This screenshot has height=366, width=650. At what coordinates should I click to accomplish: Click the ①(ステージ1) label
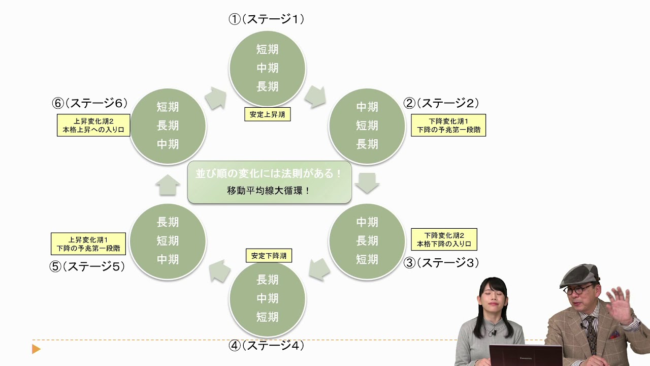(267, 19)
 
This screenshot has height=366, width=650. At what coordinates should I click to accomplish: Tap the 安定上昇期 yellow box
(268, 114)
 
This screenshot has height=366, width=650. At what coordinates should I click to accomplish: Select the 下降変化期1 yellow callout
(448, 125)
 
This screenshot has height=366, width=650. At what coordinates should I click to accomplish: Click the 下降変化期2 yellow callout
(444, 239)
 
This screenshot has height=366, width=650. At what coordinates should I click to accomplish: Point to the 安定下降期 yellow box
(269, 255)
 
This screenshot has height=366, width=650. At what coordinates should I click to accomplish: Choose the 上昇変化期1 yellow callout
(88, 243)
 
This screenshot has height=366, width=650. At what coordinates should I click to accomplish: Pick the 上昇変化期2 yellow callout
(93, 125)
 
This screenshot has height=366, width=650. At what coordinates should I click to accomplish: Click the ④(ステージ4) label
(267, 346)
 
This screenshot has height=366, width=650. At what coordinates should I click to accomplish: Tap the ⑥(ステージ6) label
(89, 103)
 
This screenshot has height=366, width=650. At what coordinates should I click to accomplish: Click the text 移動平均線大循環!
(269, 191)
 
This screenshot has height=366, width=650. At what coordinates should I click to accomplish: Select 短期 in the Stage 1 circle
(267, 49)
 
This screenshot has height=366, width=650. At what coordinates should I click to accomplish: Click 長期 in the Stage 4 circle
(267, 279)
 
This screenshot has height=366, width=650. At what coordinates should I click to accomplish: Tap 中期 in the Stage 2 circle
(367, 107)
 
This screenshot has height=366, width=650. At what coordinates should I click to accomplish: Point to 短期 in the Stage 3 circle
(367, 259)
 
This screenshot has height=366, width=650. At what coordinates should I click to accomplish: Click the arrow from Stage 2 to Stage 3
(367, 182)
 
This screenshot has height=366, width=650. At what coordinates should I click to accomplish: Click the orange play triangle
(36, 349)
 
